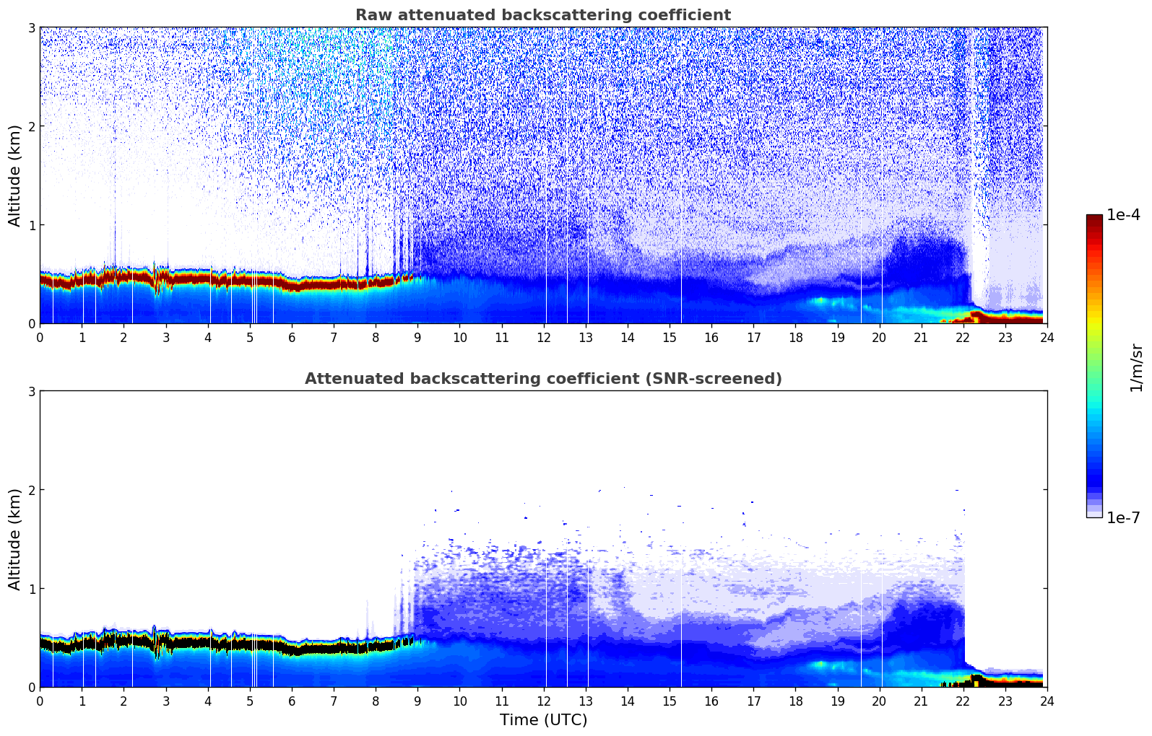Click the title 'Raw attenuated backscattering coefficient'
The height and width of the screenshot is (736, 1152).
[543, 15]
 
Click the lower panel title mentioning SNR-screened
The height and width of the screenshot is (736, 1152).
[543, 379]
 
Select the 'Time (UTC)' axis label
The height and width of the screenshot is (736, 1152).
[543, 720]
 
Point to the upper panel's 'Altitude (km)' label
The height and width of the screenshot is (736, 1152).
[14, 175]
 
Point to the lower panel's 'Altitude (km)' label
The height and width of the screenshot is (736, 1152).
[14, 539]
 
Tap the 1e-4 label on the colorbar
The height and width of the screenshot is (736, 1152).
[1123, 215]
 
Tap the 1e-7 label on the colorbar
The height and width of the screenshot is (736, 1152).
[1123, 517]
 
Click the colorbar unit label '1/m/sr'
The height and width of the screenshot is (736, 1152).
[1136, 368]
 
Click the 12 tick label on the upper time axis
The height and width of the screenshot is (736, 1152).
[544, 338]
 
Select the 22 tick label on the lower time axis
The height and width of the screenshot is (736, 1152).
[963, 701]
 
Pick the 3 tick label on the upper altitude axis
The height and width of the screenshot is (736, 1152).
[31, 27]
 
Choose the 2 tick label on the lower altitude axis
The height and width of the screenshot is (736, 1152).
[31, 490]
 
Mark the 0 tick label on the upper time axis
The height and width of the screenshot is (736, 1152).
[40, 338]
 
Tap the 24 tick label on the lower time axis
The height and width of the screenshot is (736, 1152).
[1047, 701]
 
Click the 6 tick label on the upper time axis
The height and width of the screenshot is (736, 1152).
[292, 338]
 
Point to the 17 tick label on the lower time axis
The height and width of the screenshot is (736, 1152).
[753, 701]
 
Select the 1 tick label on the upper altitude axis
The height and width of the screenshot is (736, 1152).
[31, 225]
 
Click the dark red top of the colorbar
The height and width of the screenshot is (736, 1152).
[1094, 221]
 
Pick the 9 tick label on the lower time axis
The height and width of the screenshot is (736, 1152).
[417, 701]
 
